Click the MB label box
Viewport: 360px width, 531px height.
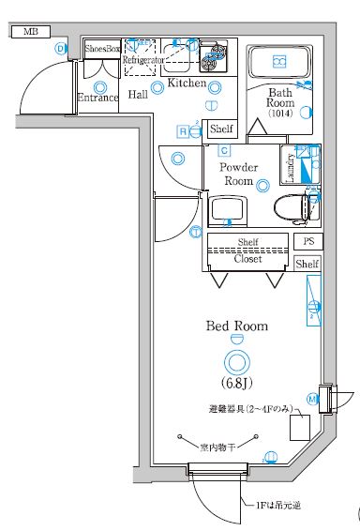pyautogui.click(x=29, y=32)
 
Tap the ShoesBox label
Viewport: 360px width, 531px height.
pyautogui.click(x=101, y=47)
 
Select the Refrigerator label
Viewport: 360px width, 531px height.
pyautogui.click(x=143, y=59)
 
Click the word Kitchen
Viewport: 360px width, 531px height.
pyautogui.click(x=187, y=84)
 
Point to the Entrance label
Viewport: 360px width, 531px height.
pyautogui.click(x=97, y=98)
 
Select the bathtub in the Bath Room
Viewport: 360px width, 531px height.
pyautogui.click(x=279, y=63)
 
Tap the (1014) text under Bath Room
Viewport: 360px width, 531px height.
pyautogui.click(x=280, y=114)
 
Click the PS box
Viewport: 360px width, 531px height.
pyautogui.click(x=307, y=241)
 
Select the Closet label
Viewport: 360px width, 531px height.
pyautogui.click(x=247, y=259)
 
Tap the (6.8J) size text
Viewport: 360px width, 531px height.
pyautogui.click(x=236, y=384)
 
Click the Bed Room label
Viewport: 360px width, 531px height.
pyautogui.click(x=237, y=326)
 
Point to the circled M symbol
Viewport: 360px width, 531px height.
pyautogui.click(x=312, y=399)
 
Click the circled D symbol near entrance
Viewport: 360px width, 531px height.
pyautogui.click(x=62, y=49)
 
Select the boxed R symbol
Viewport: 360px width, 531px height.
pyautogui.click(x=183, y=131)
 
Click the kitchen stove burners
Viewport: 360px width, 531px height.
pyautogui.click(x=213, y=58)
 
